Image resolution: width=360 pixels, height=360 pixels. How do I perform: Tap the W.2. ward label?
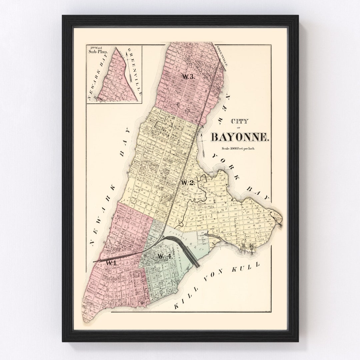(188, 183)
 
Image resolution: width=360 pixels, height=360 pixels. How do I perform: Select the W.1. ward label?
(111, 263)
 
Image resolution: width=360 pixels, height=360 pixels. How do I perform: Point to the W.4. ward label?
(165, 256)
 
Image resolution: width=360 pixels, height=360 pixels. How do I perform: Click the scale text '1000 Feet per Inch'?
(237, 149)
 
